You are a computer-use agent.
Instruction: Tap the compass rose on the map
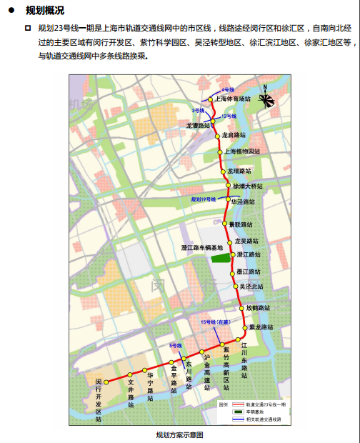point(265,99)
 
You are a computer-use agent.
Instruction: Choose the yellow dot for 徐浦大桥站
point(229,186)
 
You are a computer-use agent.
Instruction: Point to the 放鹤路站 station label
point(257,308)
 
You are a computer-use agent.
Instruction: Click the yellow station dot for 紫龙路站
point(246,328)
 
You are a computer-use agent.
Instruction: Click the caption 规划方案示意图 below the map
point(179,434)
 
